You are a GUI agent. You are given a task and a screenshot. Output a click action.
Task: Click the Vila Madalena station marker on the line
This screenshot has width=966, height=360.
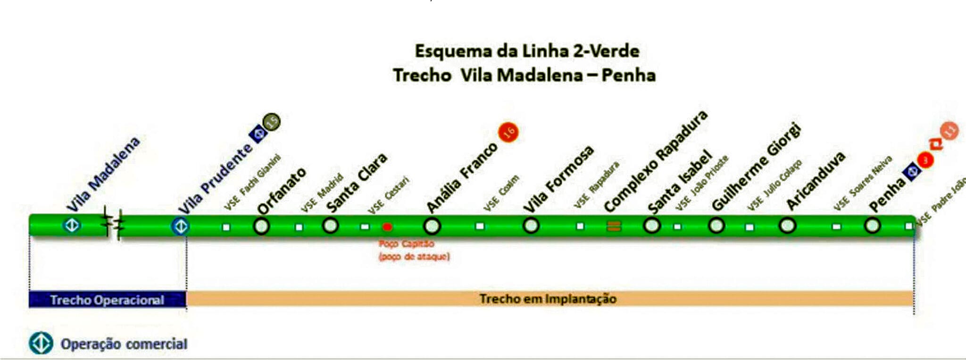click(72, 225)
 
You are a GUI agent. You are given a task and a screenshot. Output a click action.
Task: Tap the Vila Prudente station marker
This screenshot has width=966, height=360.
click(180, 226)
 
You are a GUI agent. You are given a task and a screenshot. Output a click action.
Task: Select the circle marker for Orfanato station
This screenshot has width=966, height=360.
click(261, 226)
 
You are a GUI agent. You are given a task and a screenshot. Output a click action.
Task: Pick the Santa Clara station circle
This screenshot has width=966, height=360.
click(330, 226)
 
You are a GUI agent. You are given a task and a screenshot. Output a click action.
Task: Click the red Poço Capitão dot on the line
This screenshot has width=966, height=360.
click(387, 227)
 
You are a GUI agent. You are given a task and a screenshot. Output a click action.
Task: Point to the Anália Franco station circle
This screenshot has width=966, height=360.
click(432, 226)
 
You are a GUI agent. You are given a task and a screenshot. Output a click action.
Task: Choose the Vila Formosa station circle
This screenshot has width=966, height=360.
click(531, 226)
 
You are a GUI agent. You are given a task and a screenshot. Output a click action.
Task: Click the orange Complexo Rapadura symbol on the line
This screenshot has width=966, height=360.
click(613, 226)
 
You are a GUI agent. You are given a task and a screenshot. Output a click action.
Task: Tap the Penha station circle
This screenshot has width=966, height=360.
click(872, 226)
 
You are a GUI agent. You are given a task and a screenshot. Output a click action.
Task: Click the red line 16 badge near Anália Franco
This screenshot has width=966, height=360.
click(508, 132)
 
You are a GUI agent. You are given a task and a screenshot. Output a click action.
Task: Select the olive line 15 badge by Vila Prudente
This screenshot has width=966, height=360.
click(272, 122)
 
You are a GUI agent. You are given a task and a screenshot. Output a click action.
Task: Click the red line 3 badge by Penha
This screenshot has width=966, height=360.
click(925, 160)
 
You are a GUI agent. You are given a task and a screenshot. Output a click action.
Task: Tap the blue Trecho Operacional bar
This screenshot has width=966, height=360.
click(107, 300)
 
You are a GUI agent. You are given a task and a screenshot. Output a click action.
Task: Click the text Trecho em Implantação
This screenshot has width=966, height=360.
click(548, 299)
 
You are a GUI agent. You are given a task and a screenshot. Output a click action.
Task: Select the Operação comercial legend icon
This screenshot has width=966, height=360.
click(41, 343)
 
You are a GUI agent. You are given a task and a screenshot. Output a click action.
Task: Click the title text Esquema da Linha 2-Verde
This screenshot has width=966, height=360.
click(527, 51)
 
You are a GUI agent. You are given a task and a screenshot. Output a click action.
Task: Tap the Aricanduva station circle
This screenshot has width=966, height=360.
click(787, 226)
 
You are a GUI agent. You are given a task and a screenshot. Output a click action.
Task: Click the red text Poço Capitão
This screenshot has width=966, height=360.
click(406, 244)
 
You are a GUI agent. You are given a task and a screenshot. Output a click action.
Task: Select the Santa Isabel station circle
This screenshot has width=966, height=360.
click(651, 225)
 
